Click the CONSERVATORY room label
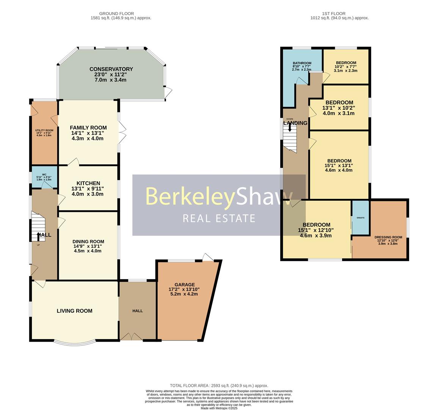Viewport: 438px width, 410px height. pyautogui.click(x=111, y=69)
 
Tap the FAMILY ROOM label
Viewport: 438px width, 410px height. pyautogui.click(x=88, y=128)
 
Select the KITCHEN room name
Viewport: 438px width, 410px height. pyautogui.click(x=88, y=183)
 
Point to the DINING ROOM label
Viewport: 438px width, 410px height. pyautogui.click(x=88, y=241)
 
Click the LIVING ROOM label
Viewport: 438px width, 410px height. pyautogui.click(x=75, y=311)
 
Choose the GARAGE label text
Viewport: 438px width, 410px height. pyautogui.click(x=184, y=284)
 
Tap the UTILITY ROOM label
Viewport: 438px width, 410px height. pyautogui.click(x=44, y=130)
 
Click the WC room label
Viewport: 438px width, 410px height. pyautogui.click(x=44, y=175)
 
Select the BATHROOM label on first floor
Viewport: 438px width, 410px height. pyautogui.click(x=302, y=63)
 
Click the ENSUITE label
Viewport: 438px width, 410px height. pyautogui.click(x=360, y=218)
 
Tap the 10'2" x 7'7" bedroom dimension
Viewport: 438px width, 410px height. pyautogui.click(x=345, y=67)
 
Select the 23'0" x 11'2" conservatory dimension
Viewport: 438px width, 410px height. pyautogui.click(x=111, y=75)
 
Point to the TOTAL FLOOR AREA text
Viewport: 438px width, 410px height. pyautogui.click(x=219, y=385)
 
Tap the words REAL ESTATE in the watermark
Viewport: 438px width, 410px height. pyautogui.click(x=219, y=218)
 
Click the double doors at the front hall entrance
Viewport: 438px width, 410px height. pyautogui.click(x=131, y=337)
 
